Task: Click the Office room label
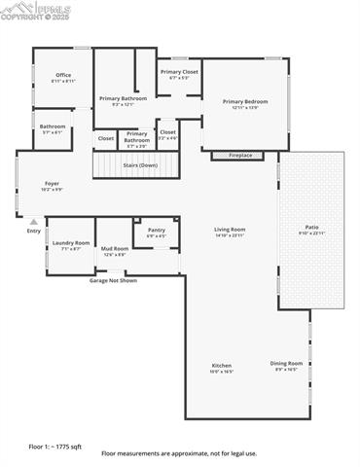pyautogui.click(x=63, y=75)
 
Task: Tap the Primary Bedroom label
pyautogui.click(x=244, y=101)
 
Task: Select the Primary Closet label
pyautogui.click(x=179, y=72)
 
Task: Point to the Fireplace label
pyautogui.click(x=239, y=156)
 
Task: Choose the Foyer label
pyautogui.click(x=52, y=183)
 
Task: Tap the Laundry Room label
pyautogui.click(x=71, y=243)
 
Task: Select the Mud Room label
pyautogui.click(x=114, y=249)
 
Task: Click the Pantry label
pyautogui.click(x=156, y=230)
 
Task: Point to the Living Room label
pyautogui.click(x=230, y=230)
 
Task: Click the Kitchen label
pyautogui.click(x=222, y=366)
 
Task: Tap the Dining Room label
pyautogui.click(x=286, y=364)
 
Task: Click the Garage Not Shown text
pyautogui.click(x=113, y=280)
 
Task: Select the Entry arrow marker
pyautogui.click(x=34, y=222)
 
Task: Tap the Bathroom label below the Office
pyautogui.click(x=53, y=126)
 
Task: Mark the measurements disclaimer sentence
pyautogui.click(x=179, y=454)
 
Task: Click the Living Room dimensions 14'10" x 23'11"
pyautogui.click(x=230, y=235)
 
